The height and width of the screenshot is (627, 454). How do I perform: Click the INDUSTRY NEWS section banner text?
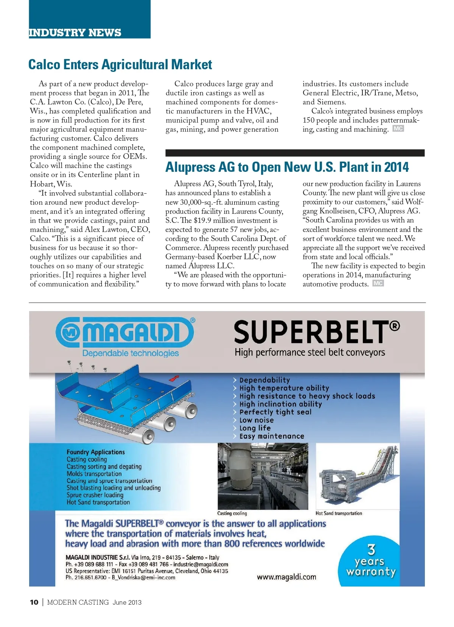click(x=75, y=33)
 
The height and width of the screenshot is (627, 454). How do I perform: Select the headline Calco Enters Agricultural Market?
click(x=120, y=65)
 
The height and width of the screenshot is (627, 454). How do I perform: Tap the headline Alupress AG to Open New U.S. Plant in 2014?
click(x=287, y=167)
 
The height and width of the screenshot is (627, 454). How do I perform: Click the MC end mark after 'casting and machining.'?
click(x=398, y=129)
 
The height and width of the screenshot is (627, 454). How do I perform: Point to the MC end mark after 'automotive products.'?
click(x=378, y=283)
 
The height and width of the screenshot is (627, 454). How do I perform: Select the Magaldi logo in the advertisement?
click(x=125, y=333)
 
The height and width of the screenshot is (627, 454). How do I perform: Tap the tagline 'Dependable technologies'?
click(x=131, y=353)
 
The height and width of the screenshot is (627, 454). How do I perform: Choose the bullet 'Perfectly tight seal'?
click(x=275, y=412)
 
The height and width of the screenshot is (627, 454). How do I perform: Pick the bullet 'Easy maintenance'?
click(x=271, y=436)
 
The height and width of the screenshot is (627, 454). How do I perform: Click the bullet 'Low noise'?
click(x=256, y=420)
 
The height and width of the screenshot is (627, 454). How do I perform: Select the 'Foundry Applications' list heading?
click(x=95, y=452)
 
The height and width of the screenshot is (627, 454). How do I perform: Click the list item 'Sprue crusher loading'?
click(x=95, y=495)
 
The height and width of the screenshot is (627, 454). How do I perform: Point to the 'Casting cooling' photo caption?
click(x=232, y=513)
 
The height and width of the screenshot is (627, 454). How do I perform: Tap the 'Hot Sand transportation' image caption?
click(x=339, y=513)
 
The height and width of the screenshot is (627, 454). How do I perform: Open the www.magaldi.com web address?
click(x=286, y=577)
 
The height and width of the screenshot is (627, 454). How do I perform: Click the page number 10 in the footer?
click(x=34, y=602)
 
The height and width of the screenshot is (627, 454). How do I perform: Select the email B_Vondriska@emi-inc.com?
click(x=143, y=577)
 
